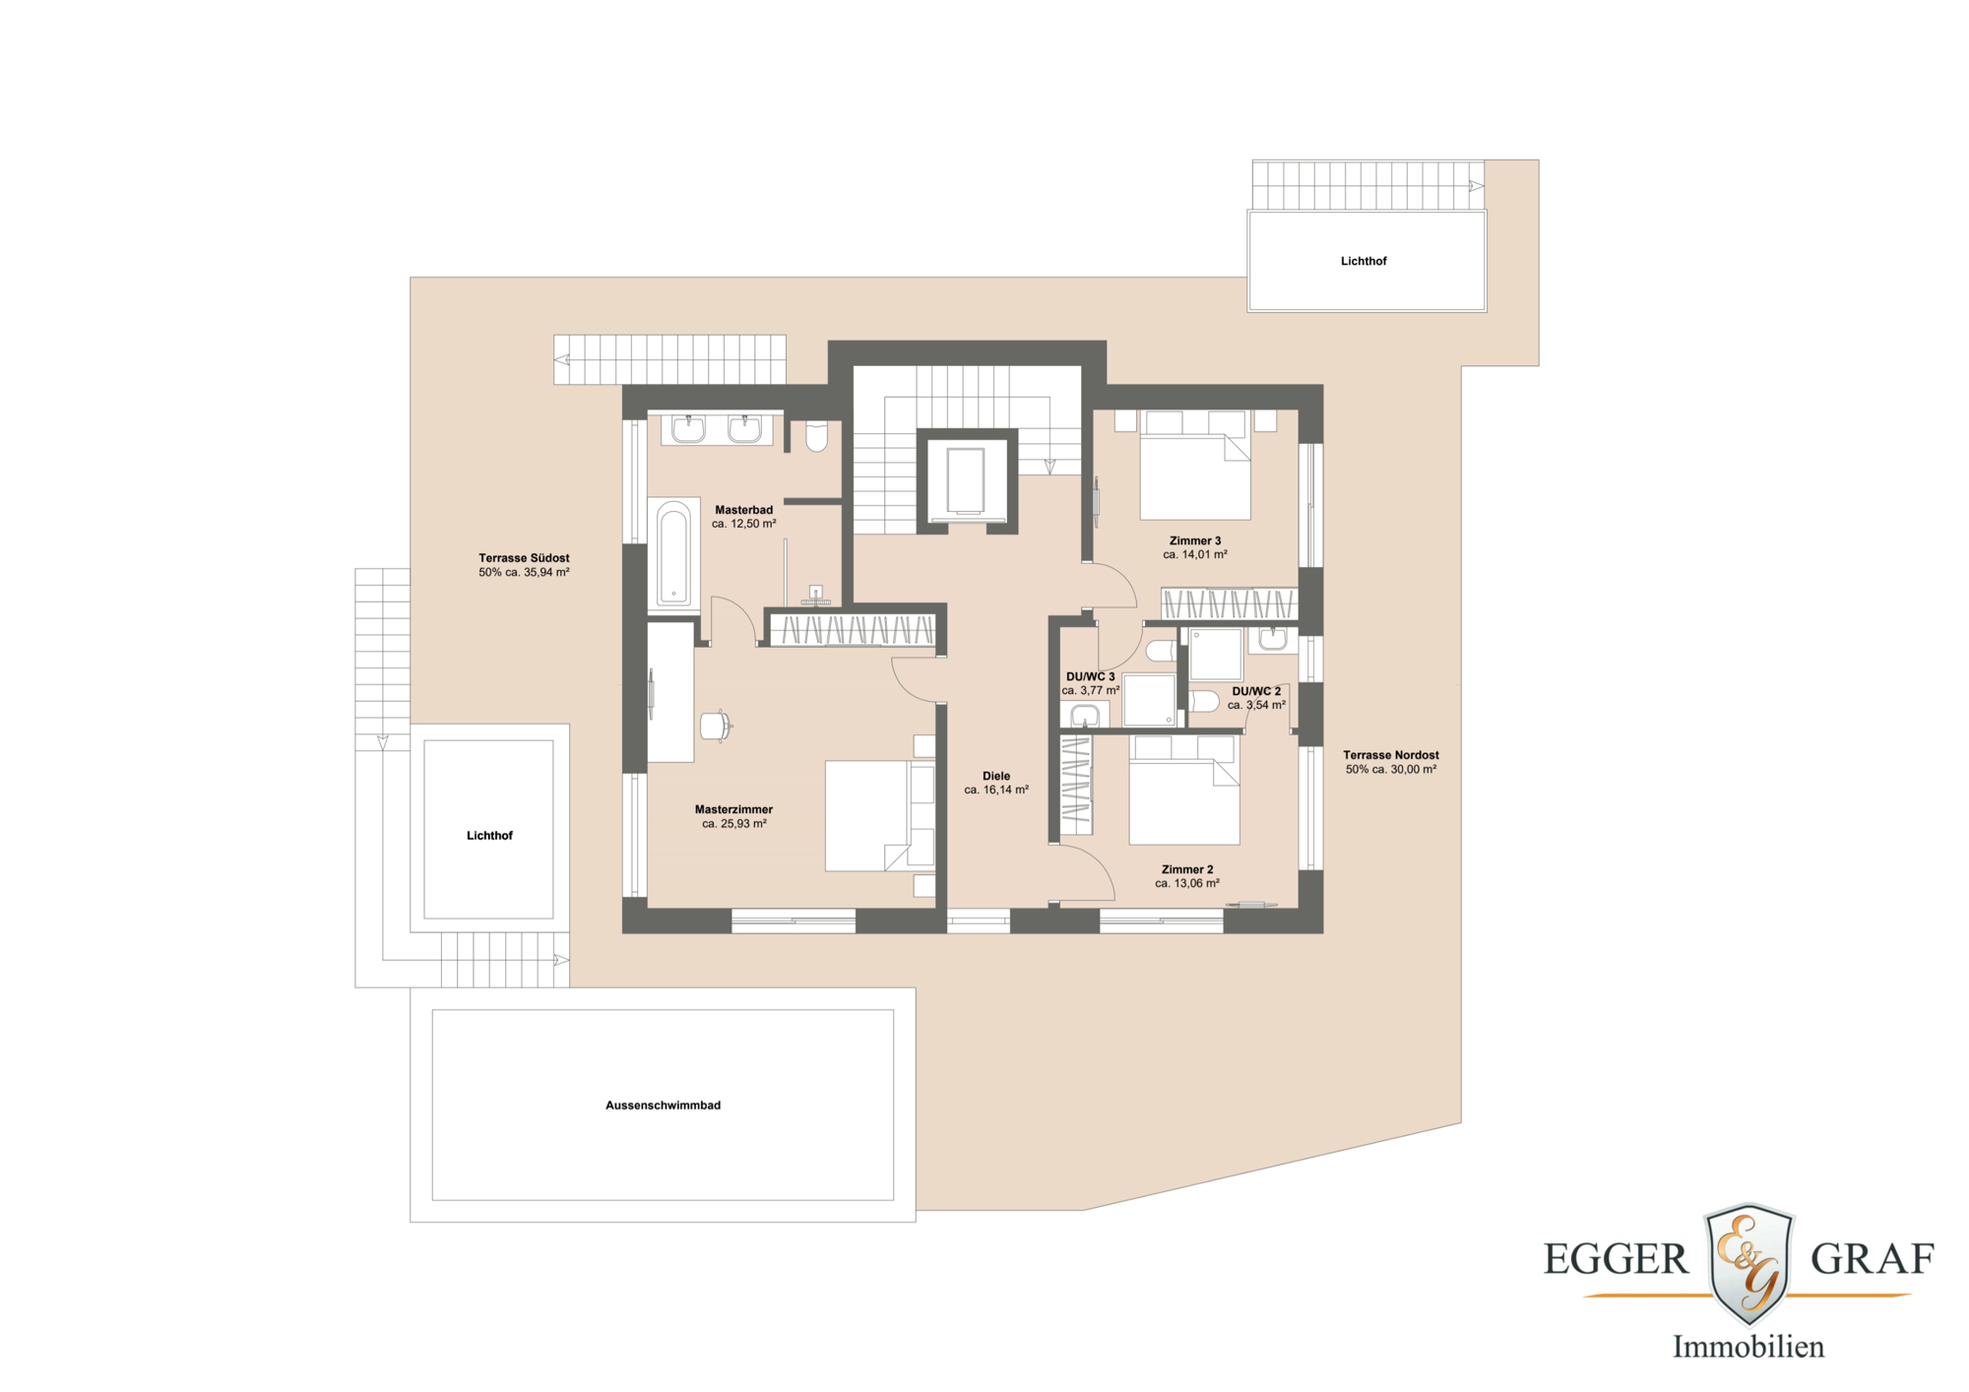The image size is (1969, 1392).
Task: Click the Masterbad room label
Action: tap(743, 510)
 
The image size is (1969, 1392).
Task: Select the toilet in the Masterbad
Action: tap(816, 436)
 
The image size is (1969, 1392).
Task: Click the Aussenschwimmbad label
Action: tap(663, 1106)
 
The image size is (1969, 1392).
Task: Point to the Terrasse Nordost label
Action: tap(1390, 755)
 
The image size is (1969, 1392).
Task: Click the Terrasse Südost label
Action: tap(524, 558)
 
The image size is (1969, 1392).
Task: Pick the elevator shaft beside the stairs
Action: tap(966, 480)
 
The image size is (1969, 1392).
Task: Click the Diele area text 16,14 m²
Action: tap(996, 790)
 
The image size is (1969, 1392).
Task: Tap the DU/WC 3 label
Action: tap(1090, 676)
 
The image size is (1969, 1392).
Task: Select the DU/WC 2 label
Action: tap(1256, 691)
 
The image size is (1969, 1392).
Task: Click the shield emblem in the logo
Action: tap(1748, 1262)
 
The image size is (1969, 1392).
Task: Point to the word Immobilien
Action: tap(1747, 1347)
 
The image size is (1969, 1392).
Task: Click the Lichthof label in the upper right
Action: tap(1363, 261)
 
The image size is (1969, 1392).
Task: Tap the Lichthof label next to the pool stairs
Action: tap(489, 836)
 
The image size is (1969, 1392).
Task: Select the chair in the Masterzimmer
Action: tap(715, 726)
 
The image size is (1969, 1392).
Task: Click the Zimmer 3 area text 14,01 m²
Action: tap(1195, 554)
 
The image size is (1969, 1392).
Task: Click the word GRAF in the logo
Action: tap(1872, 1259)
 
